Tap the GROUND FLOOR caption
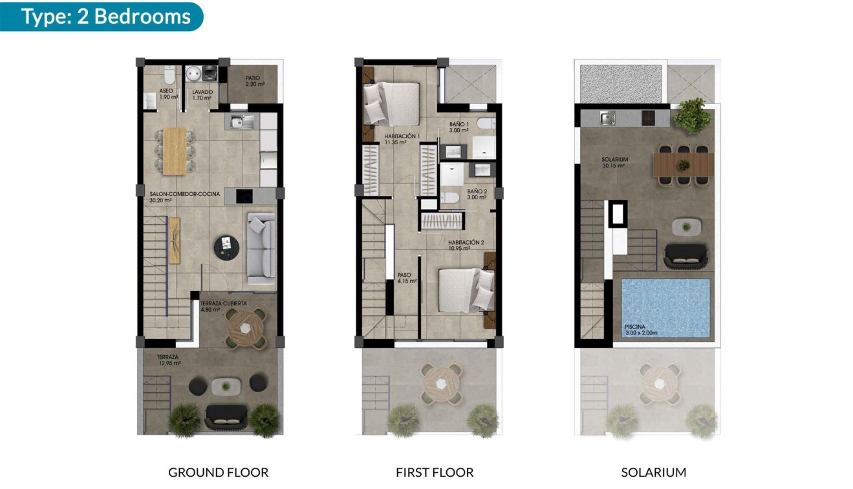point(218,472)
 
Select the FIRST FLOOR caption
point(435,472)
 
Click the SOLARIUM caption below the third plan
point(653,472)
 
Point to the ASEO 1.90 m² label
point(166,94)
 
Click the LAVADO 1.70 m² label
point(202,95)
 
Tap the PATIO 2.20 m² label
point(252,81)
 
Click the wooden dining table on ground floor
point(174,151)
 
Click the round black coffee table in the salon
point(226,246)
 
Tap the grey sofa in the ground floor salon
point(261,249)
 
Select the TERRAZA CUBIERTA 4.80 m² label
point(223,306)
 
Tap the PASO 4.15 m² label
point(406,278)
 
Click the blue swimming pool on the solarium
point(665,307)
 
